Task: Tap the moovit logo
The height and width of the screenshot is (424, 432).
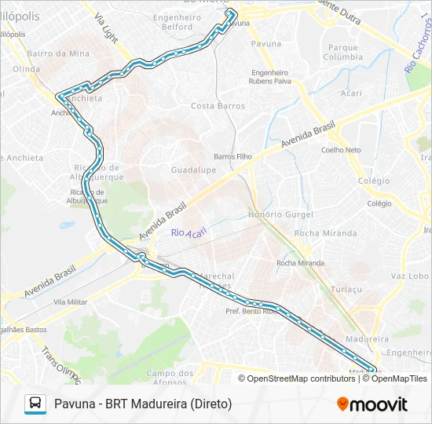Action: click(x=372, y=404)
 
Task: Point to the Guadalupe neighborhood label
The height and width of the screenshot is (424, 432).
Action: click(x=193, y=170)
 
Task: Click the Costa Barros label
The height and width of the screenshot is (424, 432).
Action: click(x=214, y=106)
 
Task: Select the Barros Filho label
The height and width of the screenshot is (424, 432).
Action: click(x=232, y=156)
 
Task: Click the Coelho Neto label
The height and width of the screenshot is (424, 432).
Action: click(x=341, y=150)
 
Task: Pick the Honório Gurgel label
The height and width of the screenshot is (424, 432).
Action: click(x=280, y=214)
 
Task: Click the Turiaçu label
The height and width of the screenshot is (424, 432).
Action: click(x=346, y=289)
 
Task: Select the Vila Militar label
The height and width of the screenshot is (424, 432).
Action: click(x=71, y=302)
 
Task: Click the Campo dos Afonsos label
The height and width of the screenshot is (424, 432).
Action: click(x=170, y=378)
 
